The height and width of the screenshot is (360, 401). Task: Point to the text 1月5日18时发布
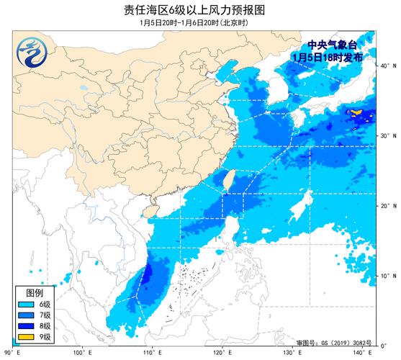pos(333,56)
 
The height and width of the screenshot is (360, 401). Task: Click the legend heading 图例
pos(35,293)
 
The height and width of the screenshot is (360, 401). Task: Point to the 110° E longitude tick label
pos(151,352)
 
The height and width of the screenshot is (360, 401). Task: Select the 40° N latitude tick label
pos(387,66)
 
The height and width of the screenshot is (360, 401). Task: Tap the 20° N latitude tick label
pos(387,207)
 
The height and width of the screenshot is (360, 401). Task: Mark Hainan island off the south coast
pos(151,212)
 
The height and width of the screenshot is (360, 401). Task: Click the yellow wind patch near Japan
pos(356,112)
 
